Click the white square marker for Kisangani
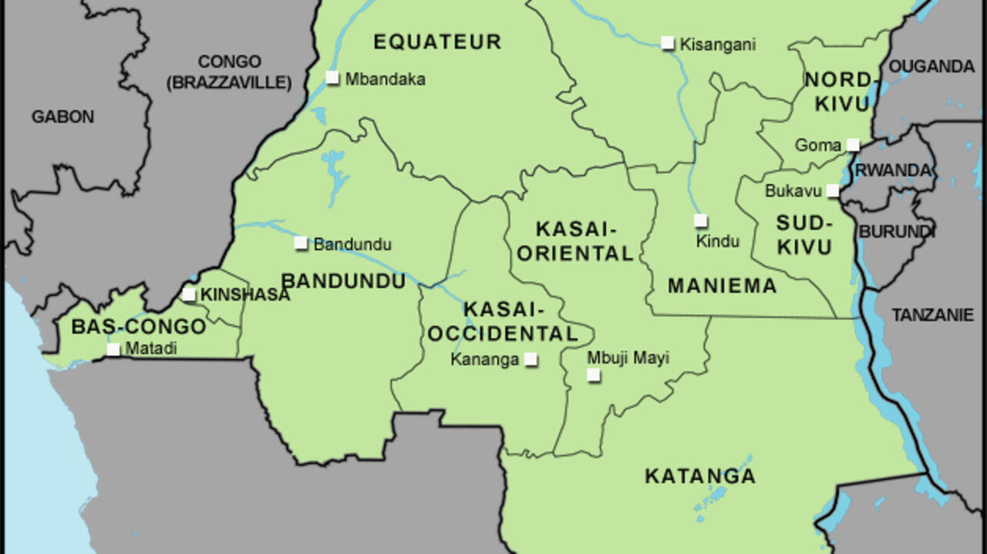pyautogui.click(x=668, y=43)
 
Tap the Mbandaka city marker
pyautogui.click(x=332, y=77)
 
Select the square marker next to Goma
pyautogui.click(x=853, y=144)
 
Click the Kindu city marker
pyautogui.click(x=700, y=221)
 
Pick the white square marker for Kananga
pyautogui.click(x=531, y=359)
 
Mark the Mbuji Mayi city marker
pyautogui.click(x=594, y=375)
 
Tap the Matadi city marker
pyautogui.click(x=113, y=349)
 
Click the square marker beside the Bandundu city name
pyautogui.click(x=301, y=243)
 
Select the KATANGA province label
pyautogui.click(x=699, y=476)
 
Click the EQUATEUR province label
pyautogui.click(x=437, y=42)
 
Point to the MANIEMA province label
pyautogui.click(x=722, y=286)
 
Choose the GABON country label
pyautogui.click(x=62, y=117)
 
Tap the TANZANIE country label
pyautogui.click(x=932, y=315)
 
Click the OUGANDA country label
pyautogui.click(x=931, y=67)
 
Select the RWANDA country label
pyautogui.click(x=894, y=170)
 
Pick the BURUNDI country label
pyautogui.click(x=897, y=231)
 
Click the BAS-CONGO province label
pyautogui.click(x=138, y=327)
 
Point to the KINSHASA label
pyautogui.click(x=244, y=294)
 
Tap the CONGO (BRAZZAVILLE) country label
pyautogui.click(x=230, y=72)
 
